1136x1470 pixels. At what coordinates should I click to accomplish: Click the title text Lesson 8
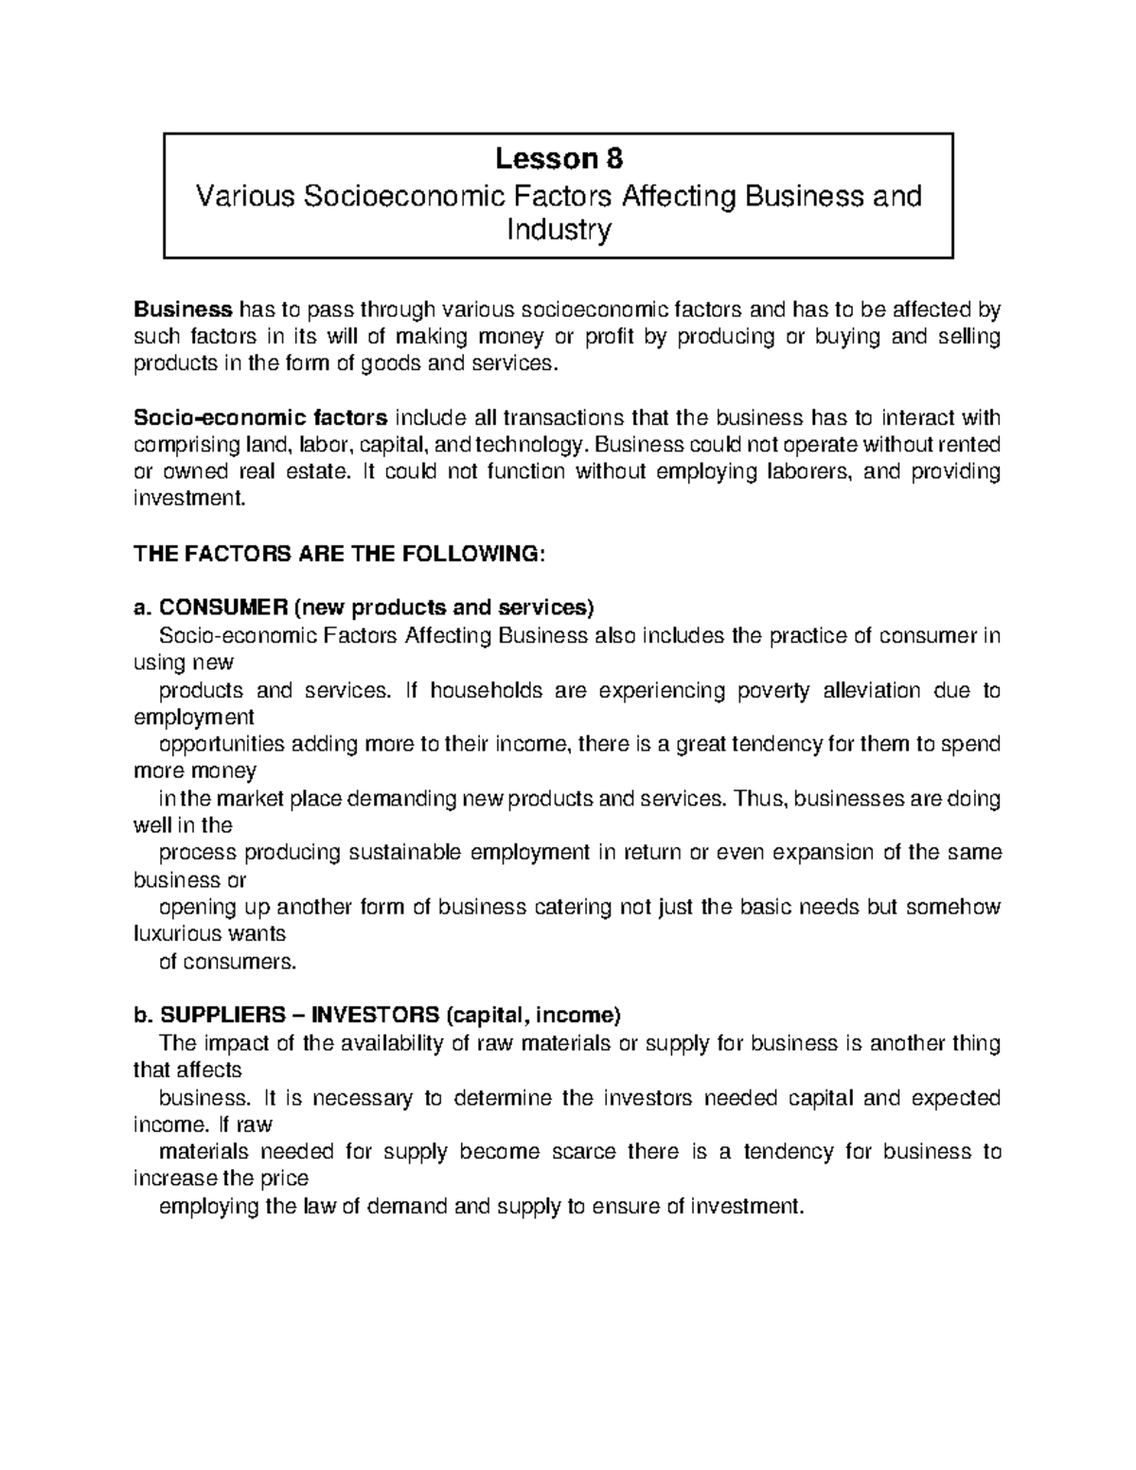coord(559,157)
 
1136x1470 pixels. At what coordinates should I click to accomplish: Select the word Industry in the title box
coord(559,230)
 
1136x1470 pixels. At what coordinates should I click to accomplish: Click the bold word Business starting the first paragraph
coord(183,310)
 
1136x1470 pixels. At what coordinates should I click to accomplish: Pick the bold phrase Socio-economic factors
coord(260,418)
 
